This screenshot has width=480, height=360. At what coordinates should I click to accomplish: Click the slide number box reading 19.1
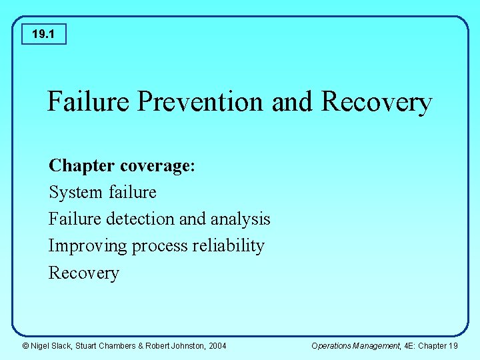(43, 33)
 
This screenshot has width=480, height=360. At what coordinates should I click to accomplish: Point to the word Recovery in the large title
(377, 102)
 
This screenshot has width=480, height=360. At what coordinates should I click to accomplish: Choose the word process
(160, 247)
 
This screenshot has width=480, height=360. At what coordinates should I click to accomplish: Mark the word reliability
(229, 246)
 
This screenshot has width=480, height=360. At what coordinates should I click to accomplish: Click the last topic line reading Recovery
(83, 273)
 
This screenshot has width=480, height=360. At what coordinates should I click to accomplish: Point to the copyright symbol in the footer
(25, 345)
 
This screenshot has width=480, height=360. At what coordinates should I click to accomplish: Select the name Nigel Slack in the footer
(53, 345)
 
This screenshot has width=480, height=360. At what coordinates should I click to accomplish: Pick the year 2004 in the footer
(217, 345)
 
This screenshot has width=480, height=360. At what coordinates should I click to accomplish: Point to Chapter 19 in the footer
(438, 345)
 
